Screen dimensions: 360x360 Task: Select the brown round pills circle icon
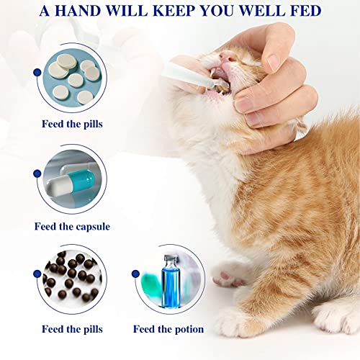pos(72,277)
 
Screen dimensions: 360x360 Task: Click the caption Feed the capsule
pos(72,226)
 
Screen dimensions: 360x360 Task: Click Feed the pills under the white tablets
pos(72,123)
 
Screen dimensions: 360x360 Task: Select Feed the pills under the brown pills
pos(72,329)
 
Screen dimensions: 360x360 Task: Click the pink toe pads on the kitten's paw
pos(228,276)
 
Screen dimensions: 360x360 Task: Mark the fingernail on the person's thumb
pos(247,102)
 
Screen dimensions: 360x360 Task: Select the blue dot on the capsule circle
pos(36,173)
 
